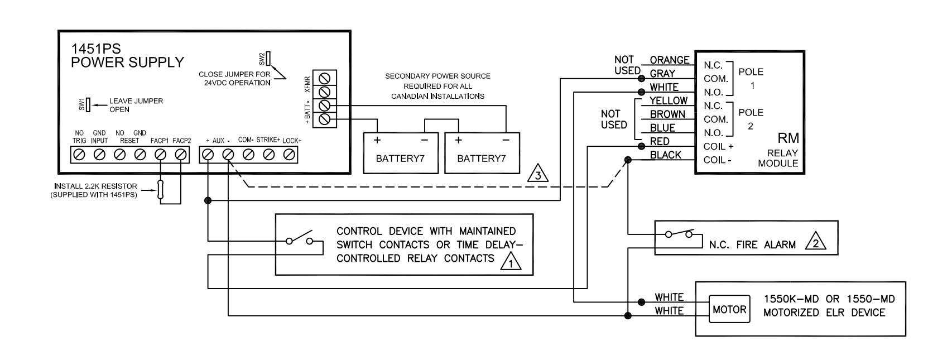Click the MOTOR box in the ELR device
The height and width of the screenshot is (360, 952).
(x=729, y=309)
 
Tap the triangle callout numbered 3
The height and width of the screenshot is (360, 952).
(x=537, y=174)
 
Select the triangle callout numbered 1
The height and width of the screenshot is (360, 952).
(x=511, y=262)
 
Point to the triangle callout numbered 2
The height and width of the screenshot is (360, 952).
(x=815, y=242)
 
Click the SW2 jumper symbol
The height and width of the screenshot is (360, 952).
(x=268, y=59)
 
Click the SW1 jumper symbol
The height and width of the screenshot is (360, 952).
(x=88, y=104)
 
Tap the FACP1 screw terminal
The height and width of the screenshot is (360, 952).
(x=160, y=155)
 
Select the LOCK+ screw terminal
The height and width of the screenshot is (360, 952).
(x=289, y=155)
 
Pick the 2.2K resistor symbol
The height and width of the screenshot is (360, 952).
(x=160, y=190)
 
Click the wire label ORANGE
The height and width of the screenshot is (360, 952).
(x=670, y=60)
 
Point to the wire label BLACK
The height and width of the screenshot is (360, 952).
(x=665, y=155)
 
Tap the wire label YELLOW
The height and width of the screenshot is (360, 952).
(x=669, y=100)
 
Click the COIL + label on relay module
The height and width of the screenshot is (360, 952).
(x=718, y=147)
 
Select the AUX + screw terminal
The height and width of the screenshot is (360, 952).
(x=208, y=155)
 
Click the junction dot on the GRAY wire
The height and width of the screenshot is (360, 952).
(x=642, y=79)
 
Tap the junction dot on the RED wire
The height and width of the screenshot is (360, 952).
(x=642, y=147)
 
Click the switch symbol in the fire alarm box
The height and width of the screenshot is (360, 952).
(x=679, y=233)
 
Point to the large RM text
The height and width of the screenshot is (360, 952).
(x=788, y=138)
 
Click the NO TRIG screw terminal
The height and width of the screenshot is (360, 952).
(x=79, y=155)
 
